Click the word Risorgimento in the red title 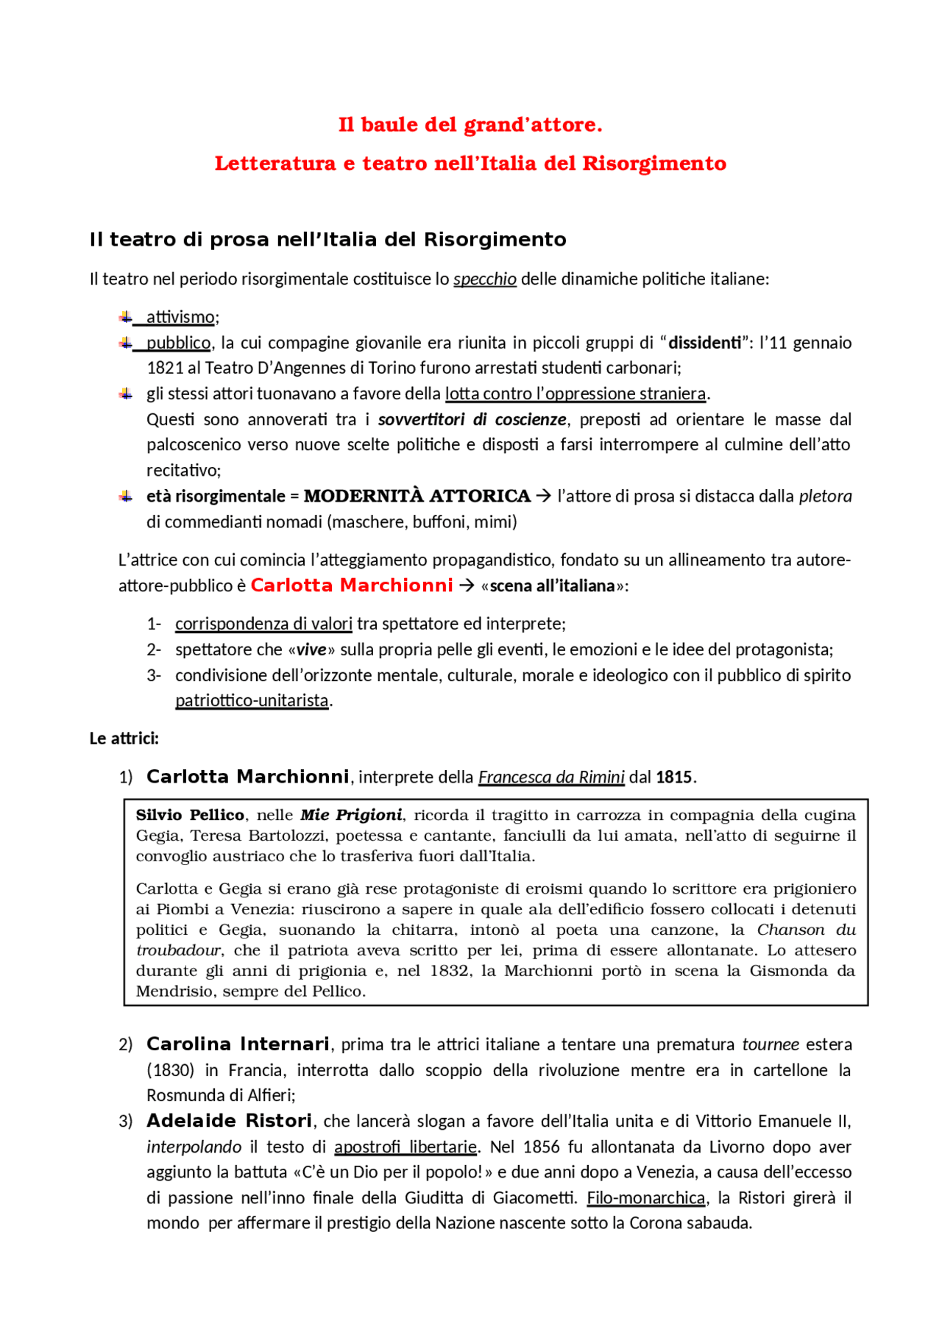(x=654, y=163)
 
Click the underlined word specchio (x=484, y=279)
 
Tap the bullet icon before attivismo (x=126, y=317)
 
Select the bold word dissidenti (x=704, y=343)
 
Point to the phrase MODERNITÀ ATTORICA (x=417, y=496)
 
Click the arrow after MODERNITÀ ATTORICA (x=543, y=496)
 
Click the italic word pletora (x=825, y=496)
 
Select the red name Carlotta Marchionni (x=352, y=585)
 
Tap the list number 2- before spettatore (x=153, y=649)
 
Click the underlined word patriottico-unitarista (x=252, y=700)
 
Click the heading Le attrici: (x=124, y=738)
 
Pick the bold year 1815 (x=673, y=777)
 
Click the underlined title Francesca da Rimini (x=550, y=777)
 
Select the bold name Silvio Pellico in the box (x=190, y=815)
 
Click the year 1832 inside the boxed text (x=449, y=971)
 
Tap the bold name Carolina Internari (x=238, y=1044)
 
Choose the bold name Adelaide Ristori (x=229, y=1121)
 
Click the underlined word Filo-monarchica (x=646, y=1198)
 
